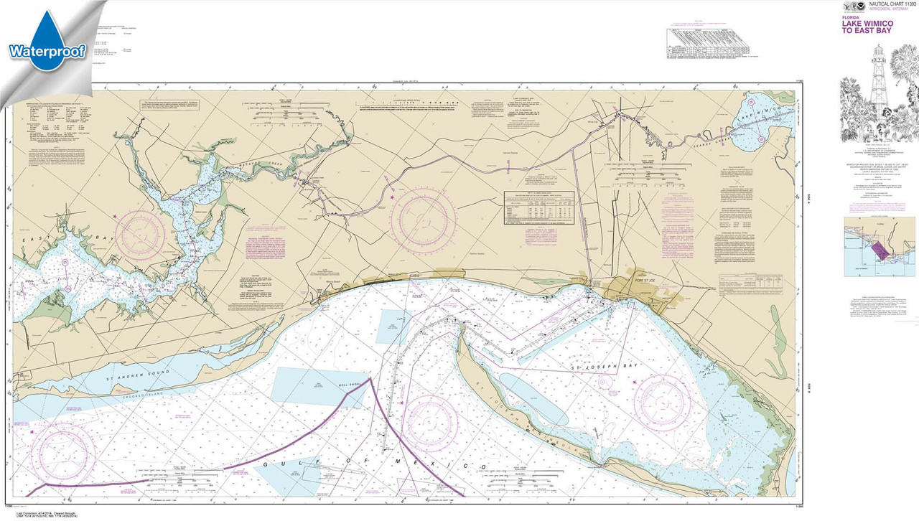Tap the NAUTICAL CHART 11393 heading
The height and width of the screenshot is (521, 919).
pyautogui.click(x=890, y=4)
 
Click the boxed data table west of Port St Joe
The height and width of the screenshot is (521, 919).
pyautogui.click(x=540, y=208)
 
